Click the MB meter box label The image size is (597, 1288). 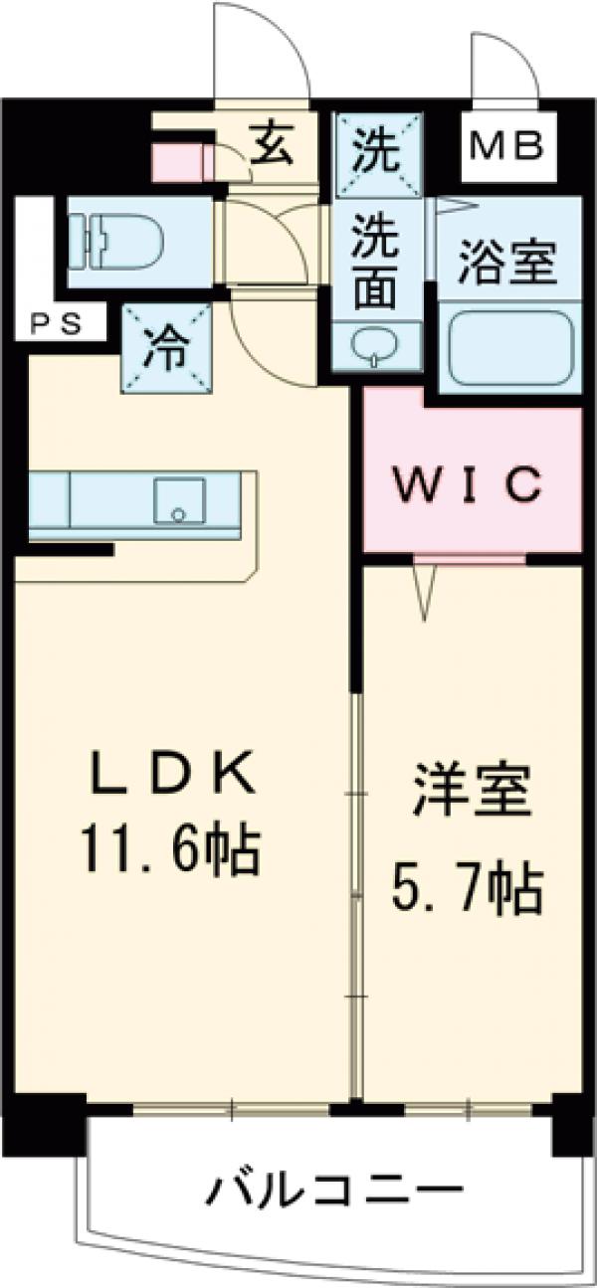[x=507, y=148]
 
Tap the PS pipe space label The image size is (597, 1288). [x=54, y=323]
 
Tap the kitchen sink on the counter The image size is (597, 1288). [x=179, y=500]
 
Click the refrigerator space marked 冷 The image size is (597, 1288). [x=167, y=349]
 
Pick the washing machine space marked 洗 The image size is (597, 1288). [x=378, y=150]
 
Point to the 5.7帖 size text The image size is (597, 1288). [x=467, y=891]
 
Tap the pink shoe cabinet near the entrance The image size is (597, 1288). [x=179, y=162]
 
